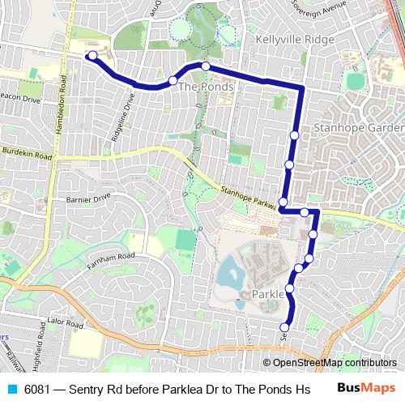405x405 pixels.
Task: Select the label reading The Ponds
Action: tap(206, 87)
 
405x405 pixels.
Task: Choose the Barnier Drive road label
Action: tap(87, 197)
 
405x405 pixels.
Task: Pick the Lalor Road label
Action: tap(66, 322)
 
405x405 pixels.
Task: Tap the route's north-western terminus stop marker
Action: tap(92, 56)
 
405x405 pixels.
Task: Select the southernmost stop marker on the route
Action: tap(283, 327)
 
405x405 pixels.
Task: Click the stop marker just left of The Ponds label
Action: tap(173, 80)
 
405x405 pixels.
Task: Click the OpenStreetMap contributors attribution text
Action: tap(335, 364)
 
